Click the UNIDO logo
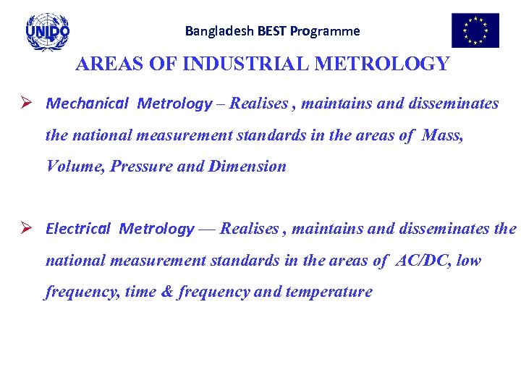[x=48, y=31]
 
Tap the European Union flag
[x=475, y=30]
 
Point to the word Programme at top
[x=325, y=31]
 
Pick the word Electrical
[x=78, y=229]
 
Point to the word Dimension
[x=247, y=167]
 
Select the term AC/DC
[x=423, y=261]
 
